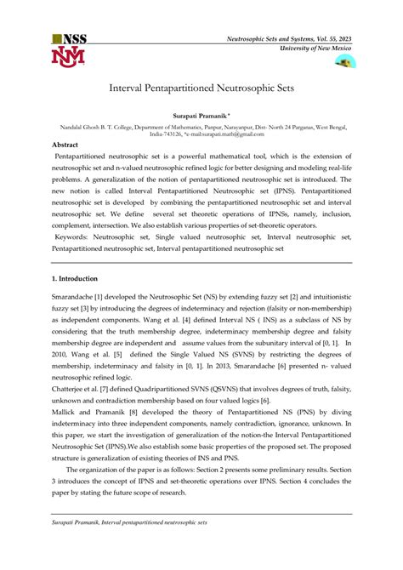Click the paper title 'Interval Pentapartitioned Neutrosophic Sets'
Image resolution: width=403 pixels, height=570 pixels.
201,88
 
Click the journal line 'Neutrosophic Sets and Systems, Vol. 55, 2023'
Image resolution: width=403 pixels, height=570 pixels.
289,39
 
